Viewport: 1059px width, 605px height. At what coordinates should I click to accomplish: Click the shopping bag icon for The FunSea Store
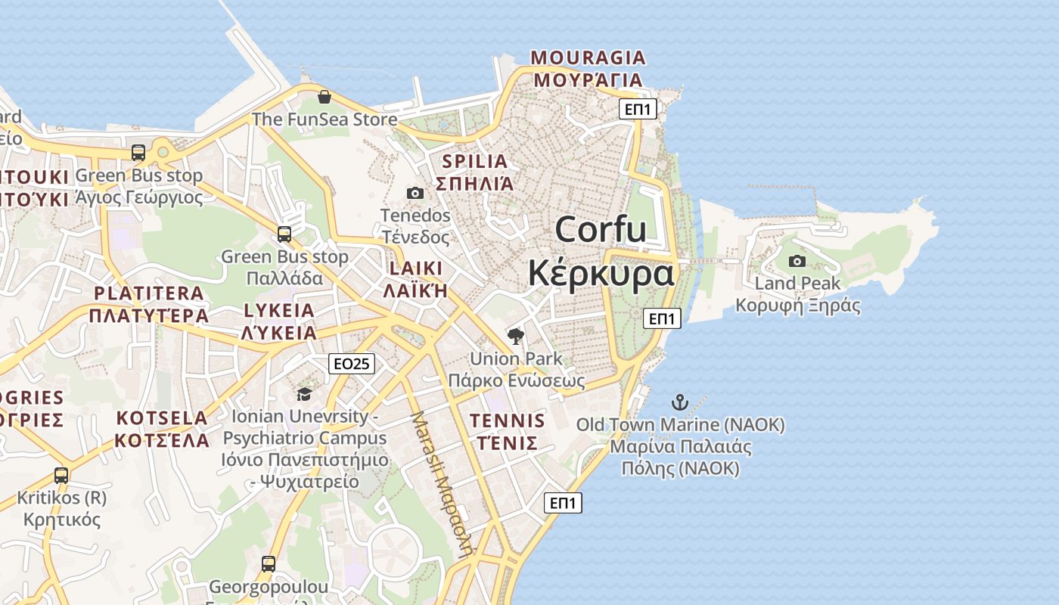click(x=325, y=97)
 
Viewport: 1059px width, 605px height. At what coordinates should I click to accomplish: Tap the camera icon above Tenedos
click(x=415, y=193)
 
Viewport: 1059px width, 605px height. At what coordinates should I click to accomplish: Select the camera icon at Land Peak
click(x=797, y=261)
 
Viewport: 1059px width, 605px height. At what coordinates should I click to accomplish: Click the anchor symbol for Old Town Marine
click(x=680, y=402)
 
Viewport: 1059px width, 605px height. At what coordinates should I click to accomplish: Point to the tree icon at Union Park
click(x=516, y=336)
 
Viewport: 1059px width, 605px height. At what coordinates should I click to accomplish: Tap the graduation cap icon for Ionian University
click(x=304, y=394)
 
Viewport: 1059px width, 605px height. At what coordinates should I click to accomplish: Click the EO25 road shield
click(x=352, y=364)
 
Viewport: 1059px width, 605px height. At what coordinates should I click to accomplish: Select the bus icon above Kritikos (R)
click(x=61, y=476)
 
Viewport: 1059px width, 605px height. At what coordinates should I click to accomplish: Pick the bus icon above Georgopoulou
click(x=269, y=563)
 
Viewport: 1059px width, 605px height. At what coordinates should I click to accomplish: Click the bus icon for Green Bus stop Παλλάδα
click(x=284, y=234)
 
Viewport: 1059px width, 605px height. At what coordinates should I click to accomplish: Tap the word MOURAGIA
click(x=589, y=57)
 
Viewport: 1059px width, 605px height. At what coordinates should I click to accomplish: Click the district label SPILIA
click(x=474, y=161)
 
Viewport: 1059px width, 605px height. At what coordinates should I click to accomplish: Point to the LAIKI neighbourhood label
click(x=415, y=268)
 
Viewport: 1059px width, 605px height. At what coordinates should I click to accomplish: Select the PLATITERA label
click(x=149, y=293)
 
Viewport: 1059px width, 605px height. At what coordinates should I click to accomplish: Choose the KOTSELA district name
click(x=162, y=418)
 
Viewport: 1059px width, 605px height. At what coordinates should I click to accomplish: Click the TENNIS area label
click(x=507, y=420)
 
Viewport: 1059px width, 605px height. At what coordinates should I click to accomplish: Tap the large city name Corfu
click(x=601, y=229)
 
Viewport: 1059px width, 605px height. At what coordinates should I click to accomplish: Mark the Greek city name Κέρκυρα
click(x=601, y=272)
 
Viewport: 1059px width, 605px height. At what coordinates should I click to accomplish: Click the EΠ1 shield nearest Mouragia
click(x=638, y=109)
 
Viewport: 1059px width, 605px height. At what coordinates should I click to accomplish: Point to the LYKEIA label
click(x=278, y=311)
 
